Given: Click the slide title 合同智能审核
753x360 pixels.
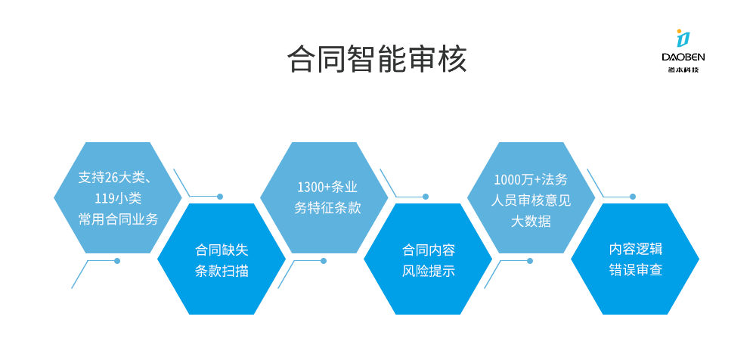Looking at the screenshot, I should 376,58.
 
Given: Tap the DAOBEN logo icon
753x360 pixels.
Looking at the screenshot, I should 683,39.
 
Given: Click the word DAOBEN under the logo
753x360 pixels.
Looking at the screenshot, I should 683,57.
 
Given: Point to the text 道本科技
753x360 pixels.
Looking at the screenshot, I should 683,70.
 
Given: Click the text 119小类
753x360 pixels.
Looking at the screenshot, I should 118,199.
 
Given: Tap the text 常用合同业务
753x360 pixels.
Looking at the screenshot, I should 118,219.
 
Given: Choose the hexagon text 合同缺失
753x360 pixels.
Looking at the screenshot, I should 222,250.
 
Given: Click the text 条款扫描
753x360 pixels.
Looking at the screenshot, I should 222,270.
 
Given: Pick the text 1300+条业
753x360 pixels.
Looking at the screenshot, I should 327,187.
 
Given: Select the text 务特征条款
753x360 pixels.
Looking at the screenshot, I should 327,207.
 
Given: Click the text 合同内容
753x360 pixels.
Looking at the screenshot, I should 429,250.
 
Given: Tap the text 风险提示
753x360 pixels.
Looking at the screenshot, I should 429,270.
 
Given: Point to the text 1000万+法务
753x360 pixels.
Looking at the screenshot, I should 531,180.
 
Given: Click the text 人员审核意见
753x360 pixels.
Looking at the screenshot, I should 531,200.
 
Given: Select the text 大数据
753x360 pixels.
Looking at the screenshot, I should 531,221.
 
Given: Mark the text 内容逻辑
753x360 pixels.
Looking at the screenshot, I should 636,249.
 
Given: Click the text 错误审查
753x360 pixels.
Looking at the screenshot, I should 636,269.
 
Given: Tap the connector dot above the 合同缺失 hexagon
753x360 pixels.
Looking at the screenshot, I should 220,197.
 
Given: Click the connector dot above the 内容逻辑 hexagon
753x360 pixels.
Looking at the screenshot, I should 634,197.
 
